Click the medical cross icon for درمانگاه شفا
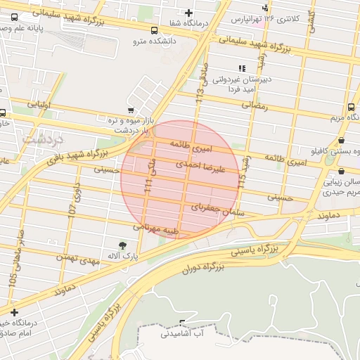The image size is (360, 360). [188, 13]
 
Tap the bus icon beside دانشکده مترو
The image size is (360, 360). [154, 30]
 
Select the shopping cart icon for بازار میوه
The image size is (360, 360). [131, 110]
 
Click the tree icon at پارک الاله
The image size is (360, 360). [123, 245]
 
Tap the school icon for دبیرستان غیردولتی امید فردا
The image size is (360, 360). [242, 68]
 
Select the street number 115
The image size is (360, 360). [242, 181]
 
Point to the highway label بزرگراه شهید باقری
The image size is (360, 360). [70, 157]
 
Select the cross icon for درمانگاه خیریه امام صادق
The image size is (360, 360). [13, 311]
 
